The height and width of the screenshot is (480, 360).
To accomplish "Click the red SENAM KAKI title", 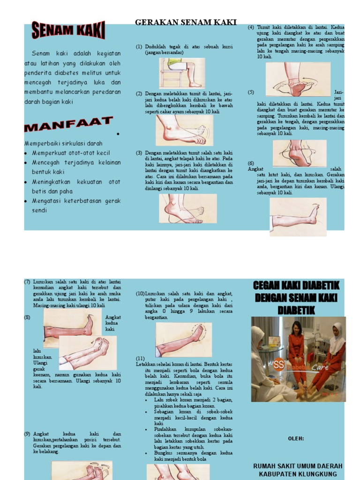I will pos(68,31).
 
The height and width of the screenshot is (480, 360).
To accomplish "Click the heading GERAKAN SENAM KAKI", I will pos(186,22).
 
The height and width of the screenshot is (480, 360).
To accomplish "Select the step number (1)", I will pos(139,47).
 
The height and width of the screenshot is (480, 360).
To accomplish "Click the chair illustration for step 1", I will pos(182,73).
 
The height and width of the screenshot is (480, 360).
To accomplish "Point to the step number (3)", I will pos(139,153).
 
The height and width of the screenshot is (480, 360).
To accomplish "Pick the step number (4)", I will pos(251,27).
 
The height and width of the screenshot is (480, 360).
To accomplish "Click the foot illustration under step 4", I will pos(298,80).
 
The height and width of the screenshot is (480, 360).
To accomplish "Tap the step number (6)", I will pos(251,163).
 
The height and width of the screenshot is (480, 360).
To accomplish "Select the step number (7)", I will pos(27,282).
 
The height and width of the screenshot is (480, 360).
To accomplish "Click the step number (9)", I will pos(27,434).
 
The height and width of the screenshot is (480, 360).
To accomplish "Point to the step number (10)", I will pos(140,293).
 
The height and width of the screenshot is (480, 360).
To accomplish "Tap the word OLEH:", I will pos(296,438).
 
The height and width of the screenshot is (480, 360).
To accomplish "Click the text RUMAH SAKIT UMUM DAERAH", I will pos(298,466).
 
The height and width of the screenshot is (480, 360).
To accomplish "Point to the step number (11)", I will pos(140,359).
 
